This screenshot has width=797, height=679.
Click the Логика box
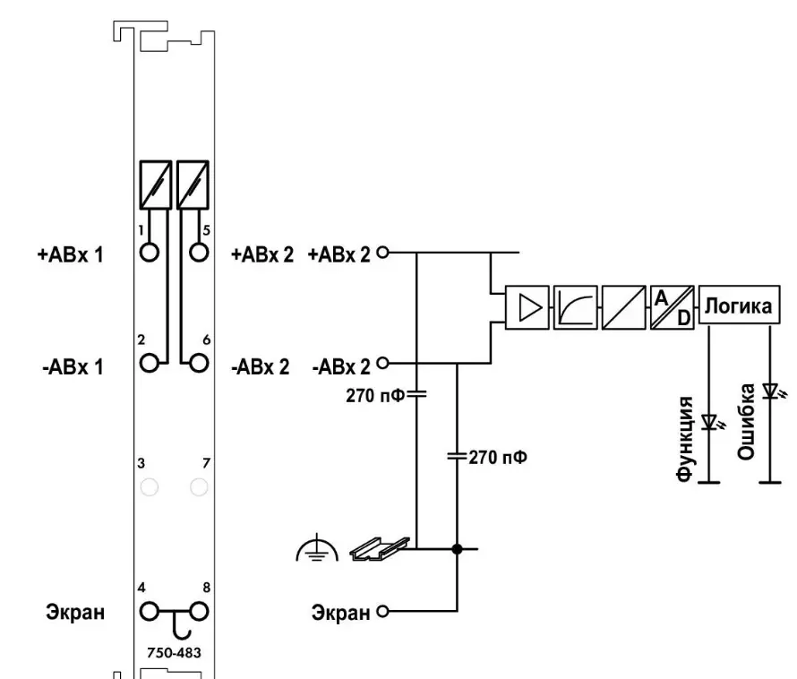coord(740,307)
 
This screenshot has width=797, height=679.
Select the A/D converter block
coord(673,307)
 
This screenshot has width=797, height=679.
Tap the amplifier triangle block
coord(527,307)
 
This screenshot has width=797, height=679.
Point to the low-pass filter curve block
coord(575,307)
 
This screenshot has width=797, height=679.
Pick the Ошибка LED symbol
coord(769,391)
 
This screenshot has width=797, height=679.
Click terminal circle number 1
coord(150,252)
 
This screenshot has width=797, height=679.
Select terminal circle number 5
coord(199,252)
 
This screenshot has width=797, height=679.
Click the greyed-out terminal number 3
coord(150,486)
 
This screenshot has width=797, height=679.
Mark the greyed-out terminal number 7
coord(199,486)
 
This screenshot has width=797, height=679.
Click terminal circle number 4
coord(150,612)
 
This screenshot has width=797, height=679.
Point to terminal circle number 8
coord(199,612)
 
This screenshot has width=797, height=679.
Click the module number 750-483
coord(175,652)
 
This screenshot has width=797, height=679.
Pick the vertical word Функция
coord(686,439)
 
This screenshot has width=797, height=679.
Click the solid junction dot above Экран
coord(458,549)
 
